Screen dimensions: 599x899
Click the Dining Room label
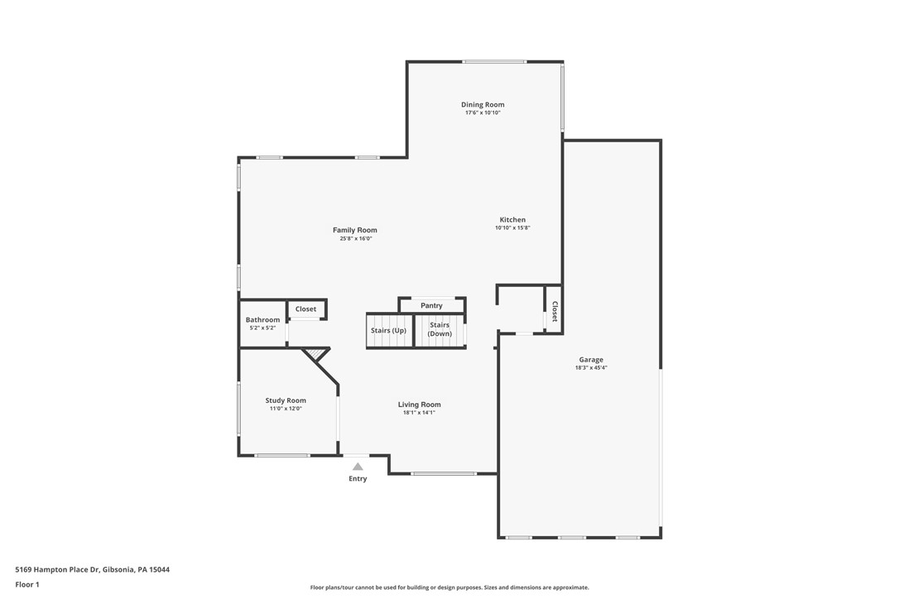point(483,105)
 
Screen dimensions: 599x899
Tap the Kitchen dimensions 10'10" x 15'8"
point(512,228)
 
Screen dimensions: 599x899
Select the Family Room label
point(355,230)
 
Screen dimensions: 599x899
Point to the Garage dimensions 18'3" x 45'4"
point(591,367)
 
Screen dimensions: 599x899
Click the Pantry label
point(431,306)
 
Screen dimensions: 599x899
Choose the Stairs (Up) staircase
point(389,331)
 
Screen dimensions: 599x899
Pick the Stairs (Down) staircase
point(440,330)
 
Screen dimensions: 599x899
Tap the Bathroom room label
point(262,320)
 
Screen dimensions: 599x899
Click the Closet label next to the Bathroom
point(305,309)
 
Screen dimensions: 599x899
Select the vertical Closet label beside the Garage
point(554,311)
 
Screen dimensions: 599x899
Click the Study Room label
point(286,400)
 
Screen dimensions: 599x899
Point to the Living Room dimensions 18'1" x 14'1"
point(419,412)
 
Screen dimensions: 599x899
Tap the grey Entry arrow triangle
point(358,467)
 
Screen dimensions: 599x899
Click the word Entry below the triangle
point(358,479)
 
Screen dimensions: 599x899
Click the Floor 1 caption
point(27,584)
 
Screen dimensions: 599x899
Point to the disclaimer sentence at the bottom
point(449,587)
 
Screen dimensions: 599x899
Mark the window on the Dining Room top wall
point(494,61)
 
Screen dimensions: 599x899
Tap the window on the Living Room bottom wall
point(444,473)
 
